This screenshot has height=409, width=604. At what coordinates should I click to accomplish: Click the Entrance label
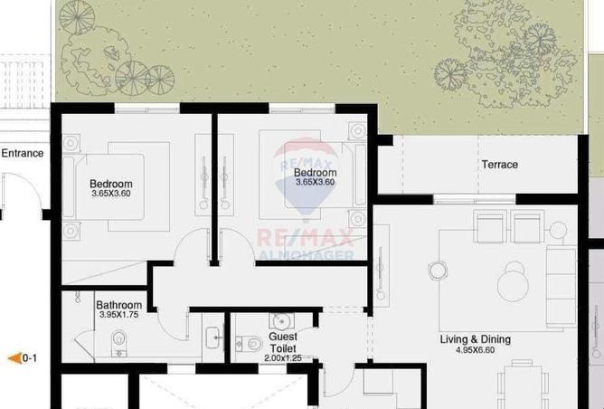(x=22, y=153)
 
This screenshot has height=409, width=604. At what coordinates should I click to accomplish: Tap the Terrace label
(x=499, y=165)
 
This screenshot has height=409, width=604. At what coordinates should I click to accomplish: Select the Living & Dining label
(x=475, y=339)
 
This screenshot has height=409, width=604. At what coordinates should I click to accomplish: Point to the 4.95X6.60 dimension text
(x=476, y=350)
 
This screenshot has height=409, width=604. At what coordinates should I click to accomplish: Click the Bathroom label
(x=118, y=305)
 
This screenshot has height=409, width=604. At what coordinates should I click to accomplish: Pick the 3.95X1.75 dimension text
(x=118, y=316)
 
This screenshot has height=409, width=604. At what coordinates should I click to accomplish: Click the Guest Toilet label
(x=282, y=342)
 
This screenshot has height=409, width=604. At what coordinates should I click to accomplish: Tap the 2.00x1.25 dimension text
(x=282, y=358)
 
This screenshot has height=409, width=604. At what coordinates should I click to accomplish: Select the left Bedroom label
(x=111, y=184)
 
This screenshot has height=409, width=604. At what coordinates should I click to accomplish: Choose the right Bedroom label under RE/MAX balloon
(x=315, y=173)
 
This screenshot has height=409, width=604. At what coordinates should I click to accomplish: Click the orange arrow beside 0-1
(x=14, y=358)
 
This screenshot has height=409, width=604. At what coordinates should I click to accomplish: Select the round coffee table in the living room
(x=516, y=283)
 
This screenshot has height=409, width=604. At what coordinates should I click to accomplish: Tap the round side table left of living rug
(x=439, y=270)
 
